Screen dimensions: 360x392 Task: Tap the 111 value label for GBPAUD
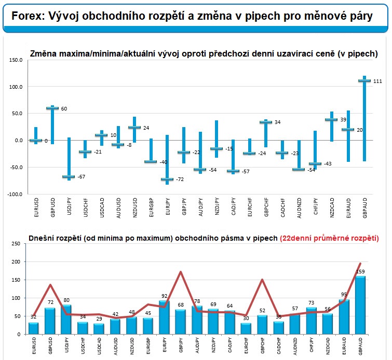coord(379,81)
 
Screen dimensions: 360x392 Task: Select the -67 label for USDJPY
coord(81,177)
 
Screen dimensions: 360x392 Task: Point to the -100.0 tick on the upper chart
coord(15,194)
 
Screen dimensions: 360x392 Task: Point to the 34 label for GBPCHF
coord(278,122)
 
